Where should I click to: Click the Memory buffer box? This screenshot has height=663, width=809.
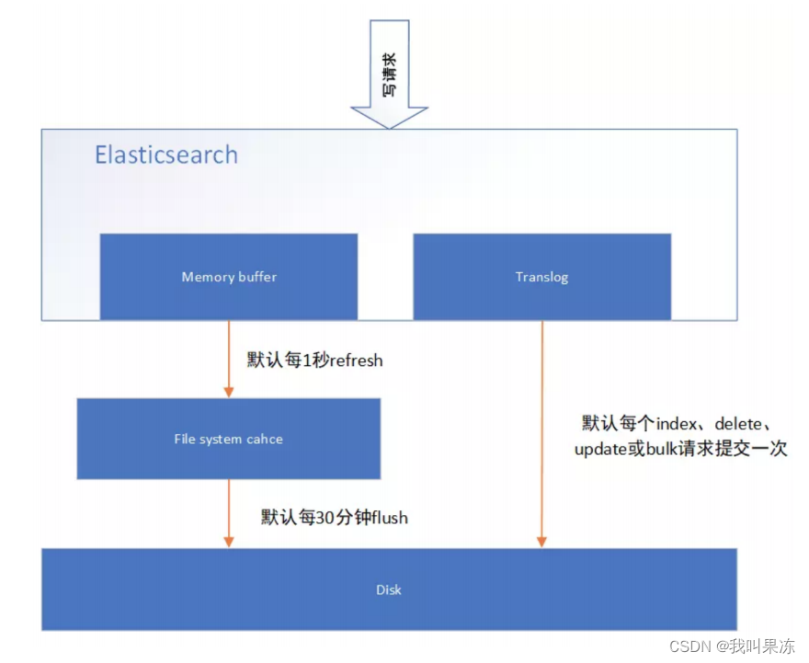[228, 276]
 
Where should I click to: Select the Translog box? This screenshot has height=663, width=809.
[541, 276]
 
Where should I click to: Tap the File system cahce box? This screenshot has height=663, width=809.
[228, 439]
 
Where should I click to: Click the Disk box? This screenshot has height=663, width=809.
[389, 589]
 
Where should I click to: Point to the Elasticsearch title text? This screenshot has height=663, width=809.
[166, 154]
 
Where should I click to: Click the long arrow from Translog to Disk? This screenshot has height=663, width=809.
[542, 432]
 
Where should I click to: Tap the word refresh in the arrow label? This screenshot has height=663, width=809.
[350, 360]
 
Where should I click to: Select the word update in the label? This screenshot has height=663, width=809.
[602, 450]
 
